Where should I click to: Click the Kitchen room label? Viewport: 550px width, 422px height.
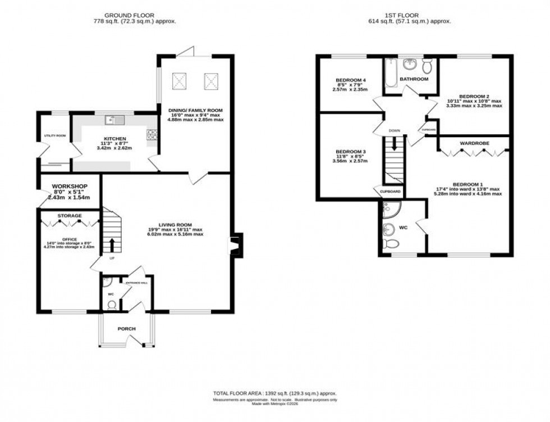pos(114,139)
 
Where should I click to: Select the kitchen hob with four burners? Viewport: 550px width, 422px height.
pos(152,134)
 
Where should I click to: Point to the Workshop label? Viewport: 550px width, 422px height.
pos(67,185)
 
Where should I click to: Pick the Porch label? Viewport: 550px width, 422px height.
pos(126,329)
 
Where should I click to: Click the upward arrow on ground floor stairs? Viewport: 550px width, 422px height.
pos(111,244)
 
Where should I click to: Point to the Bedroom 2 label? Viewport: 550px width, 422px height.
pos(474,96)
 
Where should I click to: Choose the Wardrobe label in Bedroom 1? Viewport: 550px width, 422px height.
pos(474,143)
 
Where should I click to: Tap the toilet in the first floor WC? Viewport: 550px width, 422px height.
pos(392,243)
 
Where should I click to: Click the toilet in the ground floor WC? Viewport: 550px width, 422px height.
pos(111,305)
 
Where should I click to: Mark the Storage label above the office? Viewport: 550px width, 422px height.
pos(69,216)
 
